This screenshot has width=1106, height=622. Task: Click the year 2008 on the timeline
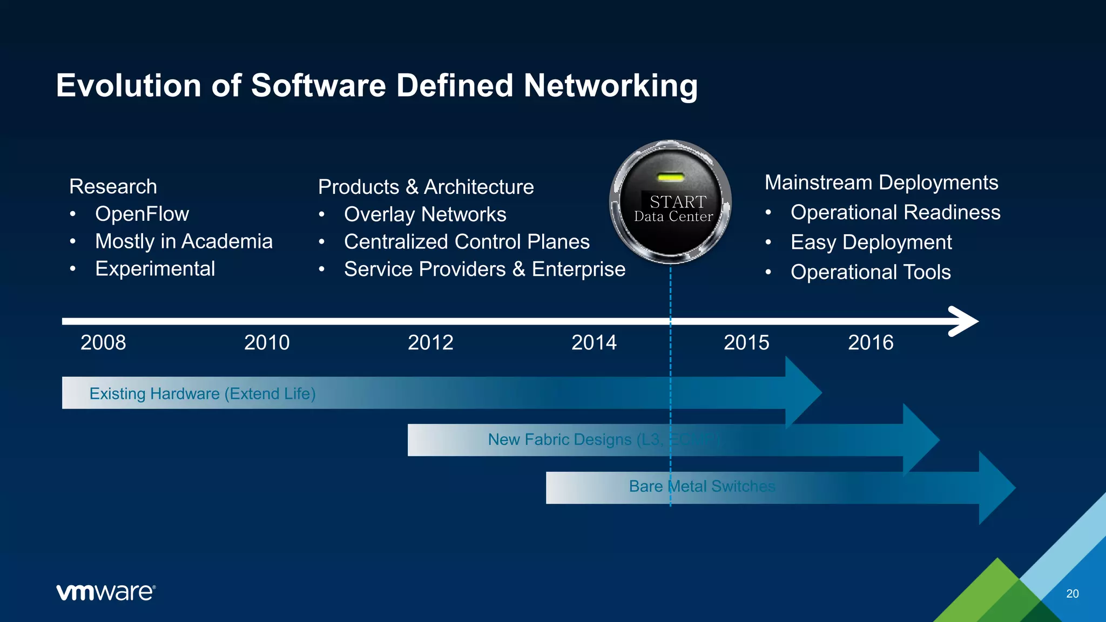[x=103, y=342]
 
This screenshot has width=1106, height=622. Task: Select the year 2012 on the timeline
[x=430, y=342]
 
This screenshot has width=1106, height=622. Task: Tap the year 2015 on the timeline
[x=746, y=342]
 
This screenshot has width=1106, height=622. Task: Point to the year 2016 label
[x=871, y=342]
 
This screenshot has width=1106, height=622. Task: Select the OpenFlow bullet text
[x=142, y=214]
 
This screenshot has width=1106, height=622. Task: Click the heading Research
[x=113, y=186]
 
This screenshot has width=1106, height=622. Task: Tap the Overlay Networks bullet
[x=425, y=214]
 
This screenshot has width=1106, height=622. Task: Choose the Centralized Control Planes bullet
[x=467, y=241]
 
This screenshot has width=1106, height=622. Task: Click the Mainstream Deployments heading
[x=881, y=182]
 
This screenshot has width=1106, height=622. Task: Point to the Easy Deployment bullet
[x=871, y=242]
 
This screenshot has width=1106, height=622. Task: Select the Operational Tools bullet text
[x=871, y=272]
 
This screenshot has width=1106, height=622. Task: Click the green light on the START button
[x=671, y=177]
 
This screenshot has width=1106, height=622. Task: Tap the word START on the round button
[x=678, y=201]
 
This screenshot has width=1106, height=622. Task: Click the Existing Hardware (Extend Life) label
[x=203, y=393]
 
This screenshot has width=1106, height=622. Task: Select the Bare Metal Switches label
[x=702, y=486]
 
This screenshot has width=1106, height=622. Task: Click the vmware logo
[x=106, y=592]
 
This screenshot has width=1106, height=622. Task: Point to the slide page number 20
[x=1073, y=593]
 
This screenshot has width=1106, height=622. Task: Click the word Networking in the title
[x=610, y=85]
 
